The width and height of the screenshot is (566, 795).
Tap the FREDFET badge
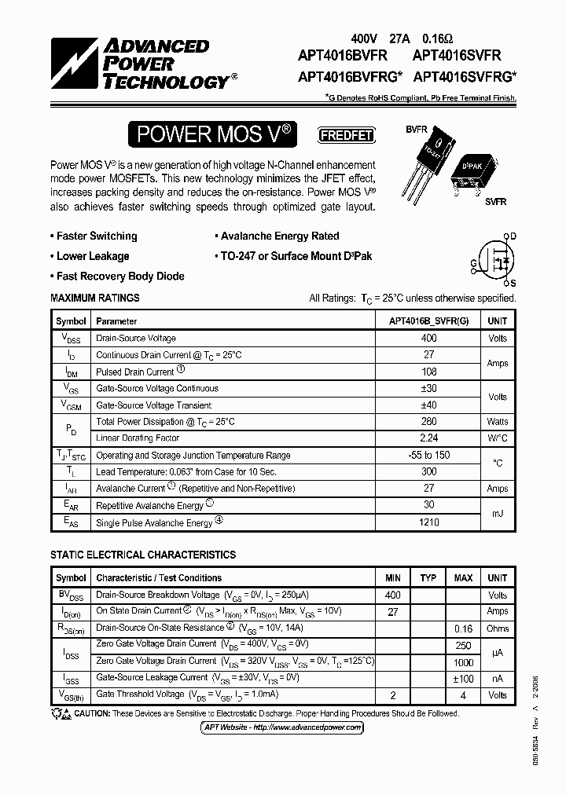click(x=346, y=134)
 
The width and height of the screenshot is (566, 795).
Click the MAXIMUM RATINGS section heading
click(x=95, y=299)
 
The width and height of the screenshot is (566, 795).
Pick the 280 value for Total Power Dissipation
click(x=428, y=422)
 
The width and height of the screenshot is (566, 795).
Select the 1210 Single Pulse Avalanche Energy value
click(x=428, y=522)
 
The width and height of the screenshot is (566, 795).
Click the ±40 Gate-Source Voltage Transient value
click(x=428, y=405)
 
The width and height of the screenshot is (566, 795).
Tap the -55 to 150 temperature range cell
click(x=428, y=456)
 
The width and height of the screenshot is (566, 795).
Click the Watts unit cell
click(x=498, y=422)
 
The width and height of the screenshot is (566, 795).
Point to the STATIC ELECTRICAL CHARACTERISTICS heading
click(x=143, y=555)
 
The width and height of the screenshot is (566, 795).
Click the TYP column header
click(x=428, y=578)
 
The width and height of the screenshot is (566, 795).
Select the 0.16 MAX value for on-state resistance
click(x=463, y=628)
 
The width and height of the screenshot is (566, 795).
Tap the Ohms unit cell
click(x=498, y=628)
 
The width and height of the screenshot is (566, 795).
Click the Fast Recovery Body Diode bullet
click(x=118, y=277)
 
